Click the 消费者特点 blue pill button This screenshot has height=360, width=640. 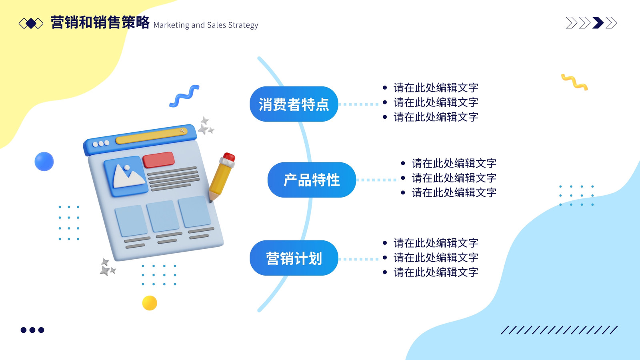(294, 104)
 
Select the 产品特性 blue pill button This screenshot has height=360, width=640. (312, 180)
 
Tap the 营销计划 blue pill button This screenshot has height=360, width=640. (294, 258)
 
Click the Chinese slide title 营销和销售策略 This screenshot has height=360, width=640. (100, 22)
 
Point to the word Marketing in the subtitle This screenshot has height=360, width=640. (171, 25)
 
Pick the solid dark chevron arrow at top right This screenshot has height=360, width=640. (598, 23)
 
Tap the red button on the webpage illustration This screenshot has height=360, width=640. (158, 160)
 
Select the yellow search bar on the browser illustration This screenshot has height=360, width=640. (152, 136)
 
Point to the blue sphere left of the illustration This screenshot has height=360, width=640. (44, 162)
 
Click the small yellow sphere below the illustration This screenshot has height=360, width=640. (150, 303)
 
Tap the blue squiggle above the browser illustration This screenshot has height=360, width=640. (184, 96)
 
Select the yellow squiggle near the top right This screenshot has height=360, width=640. (574, 82)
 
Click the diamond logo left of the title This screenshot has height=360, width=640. (31, 24)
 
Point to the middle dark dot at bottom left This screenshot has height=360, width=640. (32, 330)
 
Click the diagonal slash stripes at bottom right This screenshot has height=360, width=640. (559, 330)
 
